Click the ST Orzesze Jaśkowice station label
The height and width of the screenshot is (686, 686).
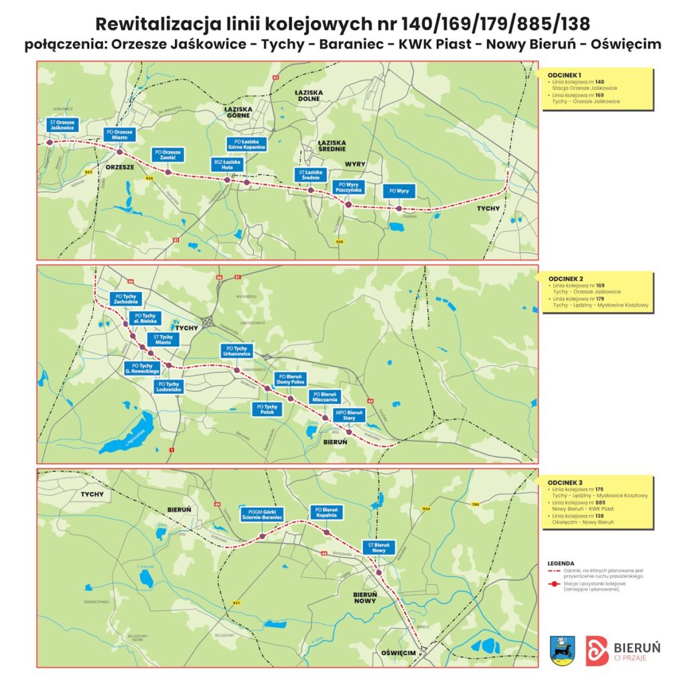click(x=62, y=125)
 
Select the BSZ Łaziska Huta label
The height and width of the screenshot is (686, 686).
click(x=228, y=165)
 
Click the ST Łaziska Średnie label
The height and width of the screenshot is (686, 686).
click(x=310, y=176)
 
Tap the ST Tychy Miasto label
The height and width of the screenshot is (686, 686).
click(x=163, y=340)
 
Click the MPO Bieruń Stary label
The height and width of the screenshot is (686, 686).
click(x=349, y=415)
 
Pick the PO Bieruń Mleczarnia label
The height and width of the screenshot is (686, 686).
click(x=325, y=396)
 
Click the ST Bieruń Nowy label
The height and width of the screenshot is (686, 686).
click(x=379, y=547)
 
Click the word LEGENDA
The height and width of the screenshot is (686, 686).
click(x=561, y=563)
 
